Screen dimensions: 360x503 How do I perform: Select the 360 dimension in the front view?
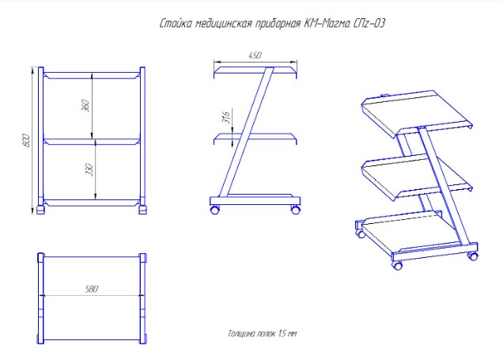(85, 106)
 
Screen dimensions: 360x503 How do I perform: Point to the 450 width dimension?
(255, 55)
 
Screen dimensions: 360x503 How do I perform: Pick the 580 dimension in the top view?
(91, 290)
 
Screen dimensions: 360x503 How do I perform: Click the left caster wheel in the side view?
(214, 210)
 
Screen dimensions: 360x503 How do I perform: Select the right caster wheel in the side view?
(296, 210)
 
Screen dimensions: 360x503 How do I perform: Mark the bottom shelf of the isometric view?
(411, 235)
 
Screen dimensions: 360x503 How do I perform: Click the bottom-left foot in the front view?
(41, 210)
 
